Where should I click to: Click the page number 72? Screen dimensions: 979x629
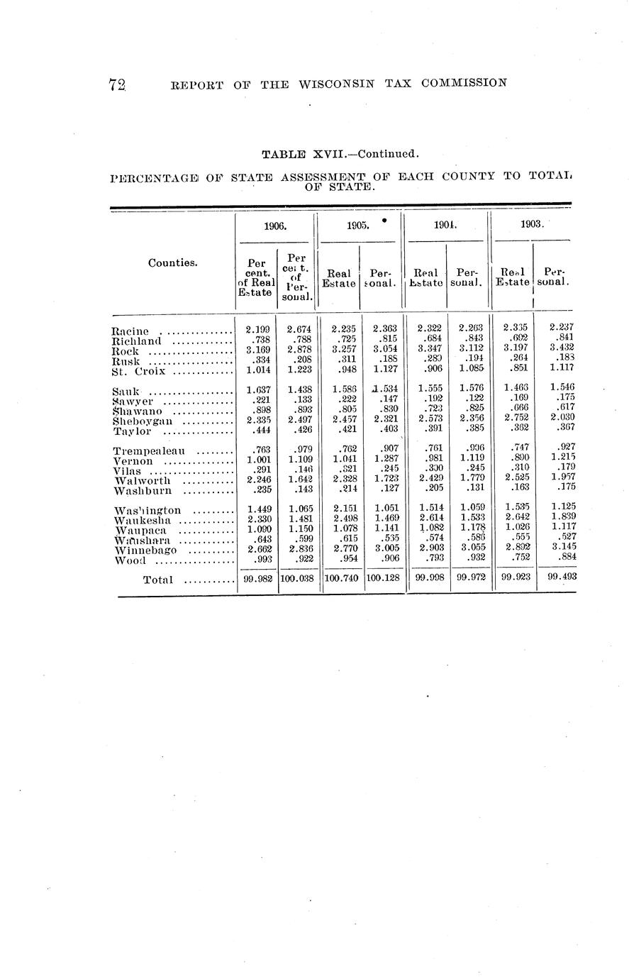(x=117, y=84)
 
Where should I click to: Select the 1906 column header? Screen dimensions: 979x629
(x=274, y=226)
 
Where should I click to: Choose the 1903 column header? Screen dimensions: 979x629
(x=532, y=223)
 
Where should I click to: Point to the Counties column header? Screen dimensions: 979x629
(x=173, y=262)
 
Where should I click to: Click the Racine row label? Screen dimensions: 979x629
(x=130, y=331)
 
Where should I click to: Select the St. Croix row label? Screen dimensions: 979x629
(x=138, y=371)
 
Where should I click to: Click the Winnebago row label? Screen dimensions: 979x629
(x=145, y=551)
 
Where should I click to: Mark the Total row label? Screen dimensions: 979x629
(x=157, y=580)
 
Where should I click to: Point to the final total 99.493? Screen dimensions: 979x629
(x=562, y=577)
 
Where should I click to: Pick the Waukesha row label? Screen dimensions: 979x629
(x=143, y=521)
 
